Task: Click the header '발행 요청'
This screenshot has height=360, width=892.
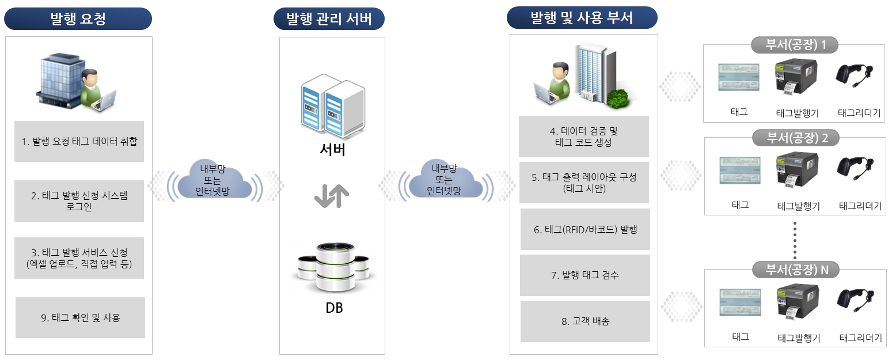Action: click(78, 18)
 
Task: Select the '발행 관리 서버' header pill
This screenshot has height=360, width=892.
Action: click(329, 18)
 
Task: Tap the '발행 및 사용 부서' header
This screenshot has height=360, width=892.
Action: click(582, 17)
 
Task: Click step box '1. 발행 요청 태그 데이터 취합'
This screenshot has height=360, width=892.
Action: click(79, 141)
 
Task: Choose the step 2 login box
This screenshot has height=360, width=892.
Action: click(79, 200)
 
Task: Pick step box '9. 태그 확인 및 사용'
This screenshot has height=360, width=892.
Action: click(80, 317)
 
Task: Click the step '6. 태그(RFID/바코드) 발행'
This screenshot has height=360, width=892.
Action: click(585, 229)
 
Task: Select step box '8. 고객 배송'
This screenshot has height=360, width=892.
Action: click(585, 321)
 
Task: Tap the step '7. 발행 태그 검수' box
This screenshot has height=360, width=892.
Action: click(584, 275)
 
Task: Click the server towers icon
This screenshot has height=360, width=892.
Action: click(333, 106)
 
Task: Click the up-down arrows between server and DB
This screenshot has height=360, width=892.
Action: click(332, 196)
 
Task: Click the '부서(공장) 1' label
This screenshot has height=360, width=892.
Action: click(795, 45)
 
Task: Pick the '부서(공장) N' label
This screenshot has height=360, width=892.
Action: click(796, 270)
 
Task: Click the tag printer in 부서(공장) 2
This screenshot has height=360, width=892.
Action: click(797, 170)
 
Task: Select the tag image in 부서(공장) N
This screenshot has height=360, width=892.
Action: click(741, 302)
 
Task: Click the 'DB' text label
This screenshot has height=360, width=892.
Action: click(334, 308)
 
